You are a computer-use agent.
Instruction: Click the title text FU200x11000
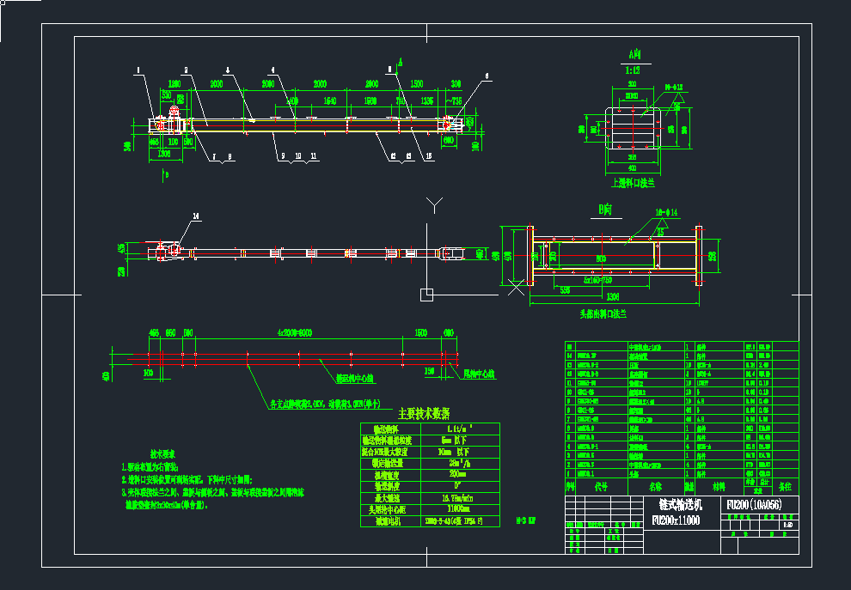(x=675, y=520)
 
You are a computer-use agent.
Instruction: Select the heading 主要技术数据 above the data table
(x=424, y=413)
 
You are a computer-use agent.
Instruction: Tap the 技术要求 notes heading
(x=162, y=453)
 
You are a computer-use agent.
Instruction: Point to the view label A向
(x=634, y=54)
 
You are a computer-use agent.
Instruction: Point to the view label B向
(x=605, y=209)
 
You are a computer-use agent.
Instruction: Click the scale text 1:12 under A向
(x=634, y=68)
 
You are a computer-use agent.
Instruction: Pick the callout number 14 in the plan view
(x=196, y=217)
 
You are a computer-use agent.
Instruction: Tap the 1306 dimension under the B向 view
(x=611, y=296)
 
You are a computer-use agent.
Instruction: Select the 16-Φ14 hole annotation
(x=667, y=211)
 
